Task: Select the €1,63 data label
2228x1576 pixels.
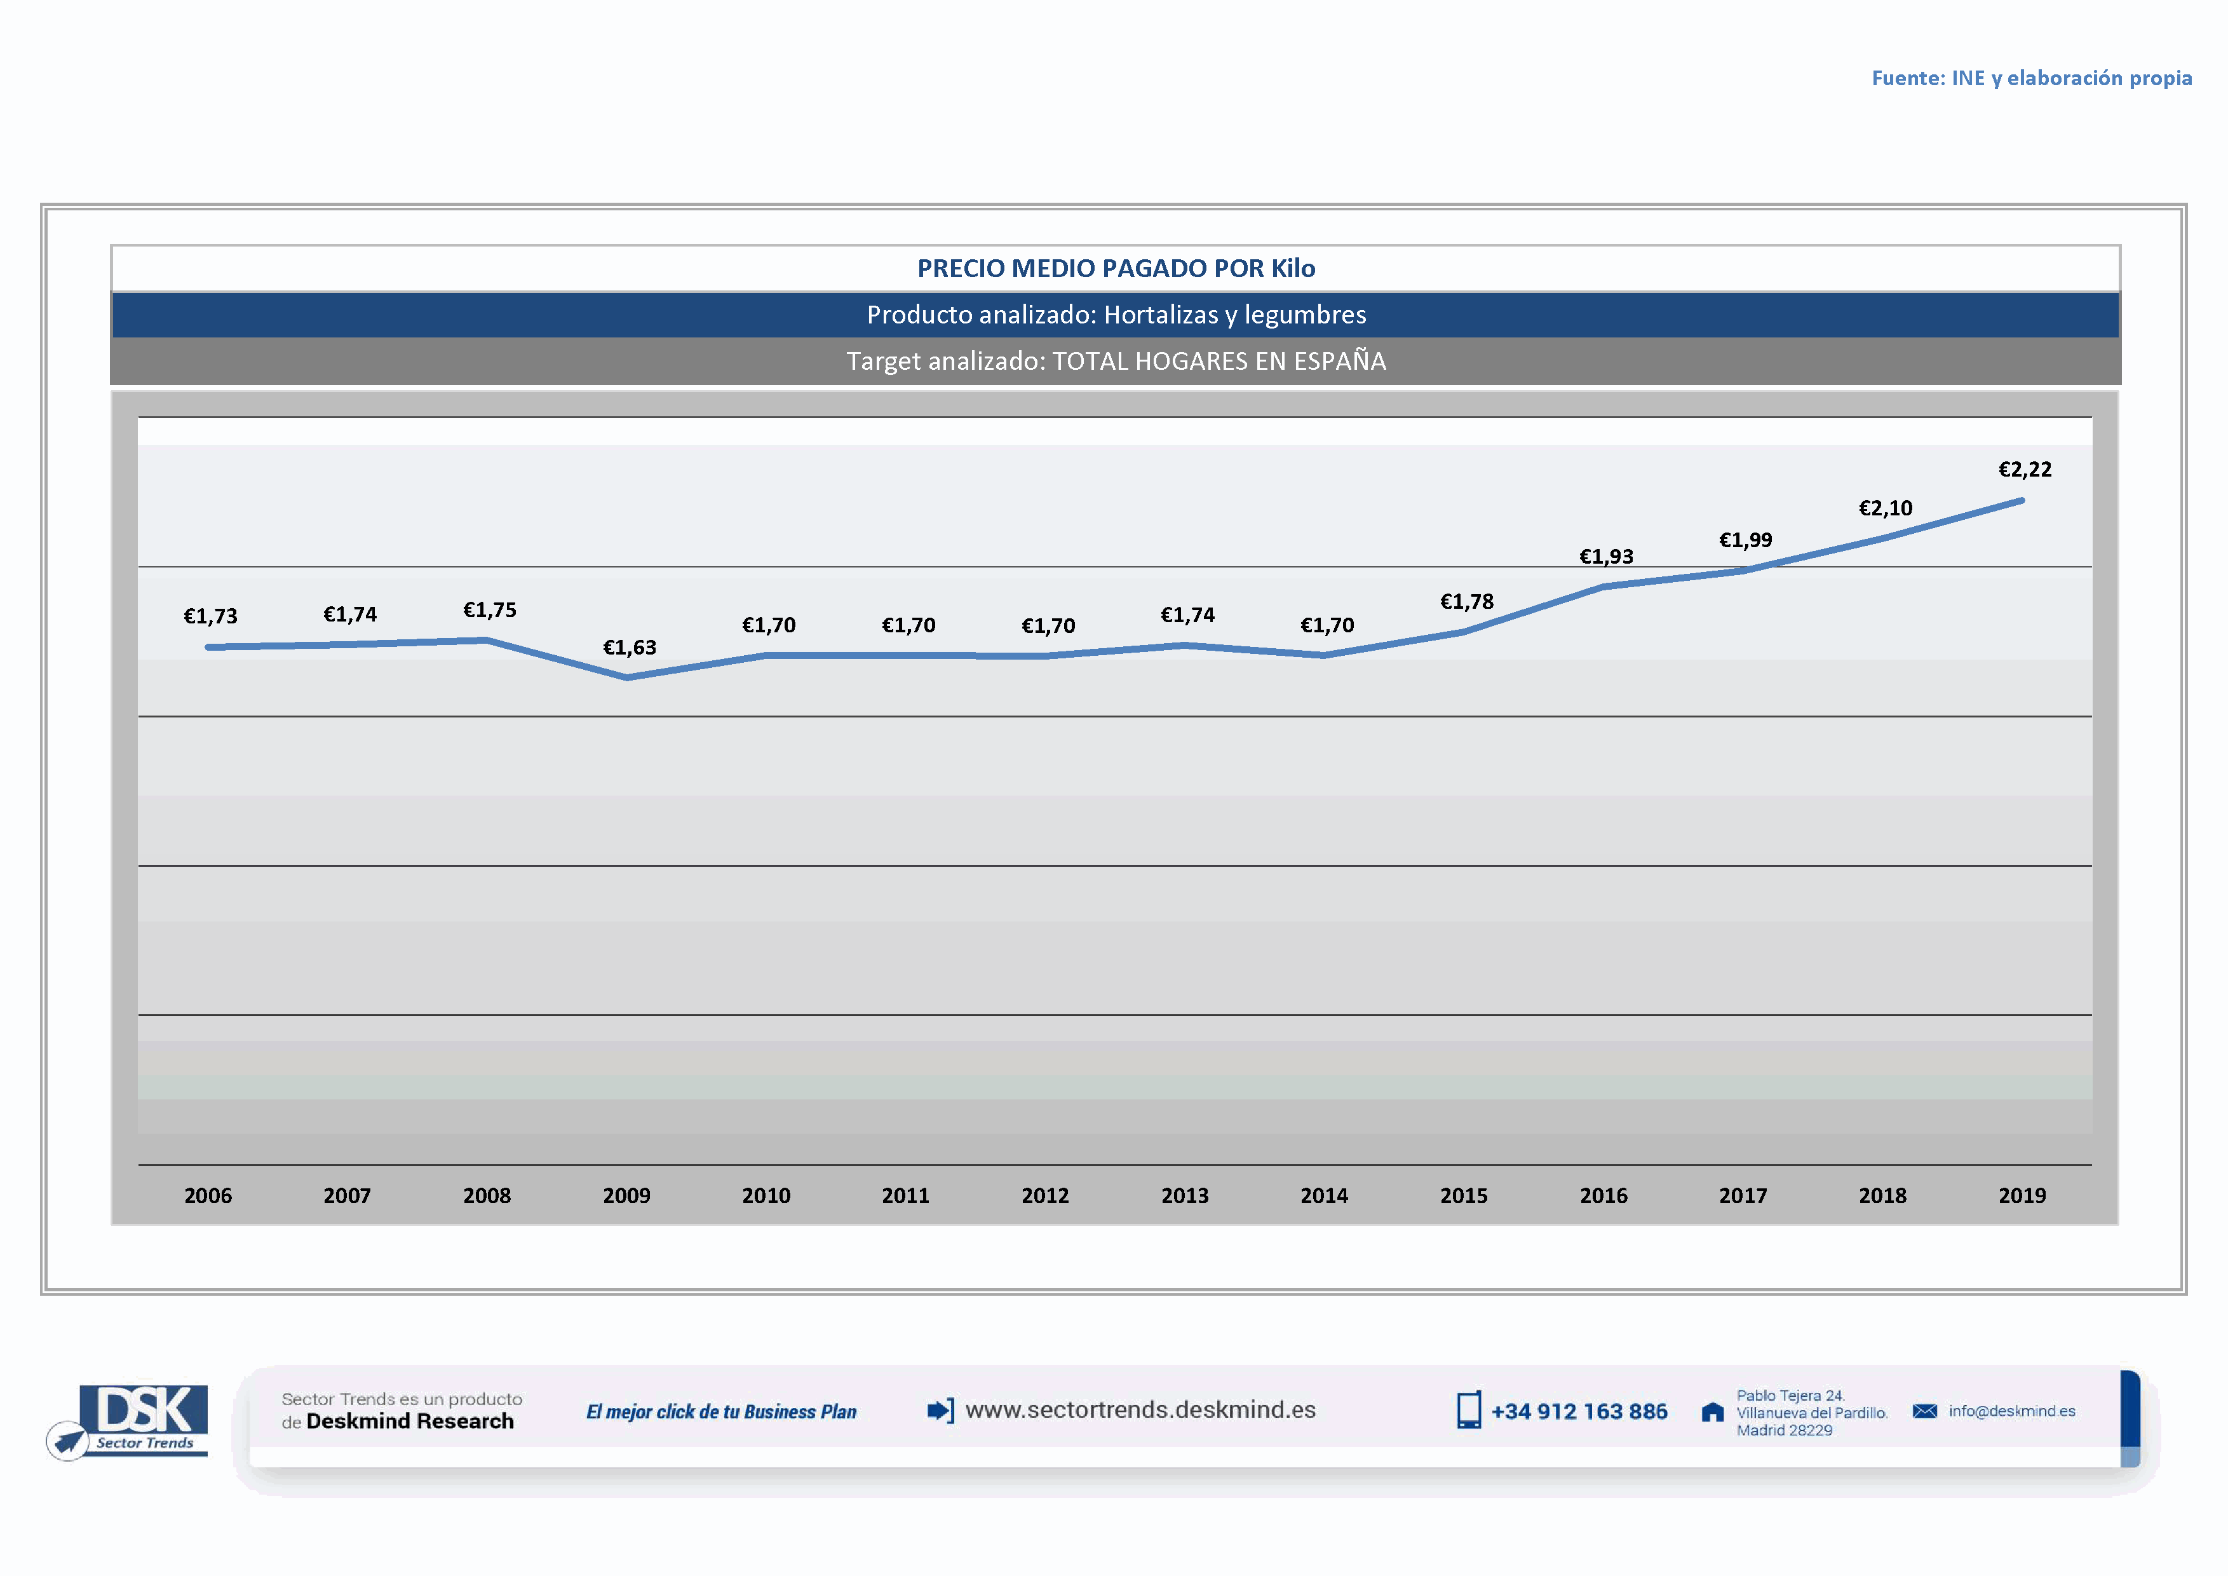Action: pos(630,648)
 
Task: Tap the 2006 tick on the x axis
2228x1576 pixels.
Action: pos(208,1195)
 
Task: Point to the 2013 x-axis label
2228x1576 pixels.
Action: pos(1185,1195)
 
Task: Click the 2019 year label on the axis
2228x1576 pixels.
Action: pos(2022,1195)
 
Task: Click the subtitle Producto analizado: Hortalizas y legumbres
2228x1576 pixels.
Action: pos(1116,315)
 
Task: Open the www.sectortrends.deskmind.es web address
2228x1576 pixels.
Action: pos(1140,1410)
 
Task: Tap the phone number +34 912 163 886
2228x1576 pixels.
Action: pos(1579,1412)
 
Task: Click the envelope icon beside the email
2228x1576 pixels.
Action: pos(1924,1411)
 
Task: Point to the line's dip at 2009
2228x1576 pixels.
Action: pos(627,677)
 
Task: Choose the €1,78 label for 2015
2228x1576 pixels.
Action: pos(1466,602)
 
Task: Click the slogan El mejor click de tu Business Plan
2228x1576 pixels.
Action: pos(721,1412)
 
